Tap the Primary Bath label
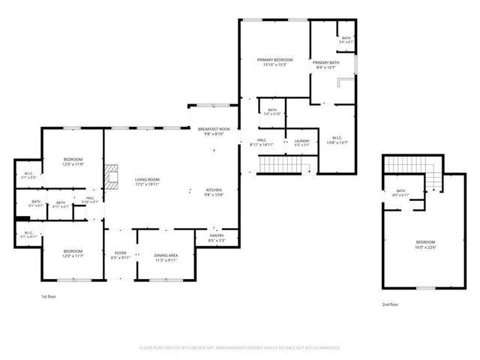coord(325,65)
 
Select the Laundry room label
coord(301,142)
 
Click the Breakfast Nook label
coord(213,132)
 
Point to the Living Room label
coord(147,182)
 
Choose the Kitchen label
coord(214,193)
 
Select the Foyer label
coord(121,256)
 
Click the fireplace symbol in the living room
coord(111,178)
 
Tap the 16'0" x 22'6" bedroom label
coord(425,244)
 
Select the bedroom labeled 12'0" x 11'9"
coord(73,162)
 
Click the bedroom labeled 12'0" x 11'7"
coord(73,253)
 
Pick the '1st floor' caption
coord(49,297)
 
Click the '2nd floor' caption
coord(389,304)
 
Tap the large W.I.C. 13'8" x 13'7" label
coord(337,140)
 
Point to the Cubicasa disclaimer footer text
coord(240,348)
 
